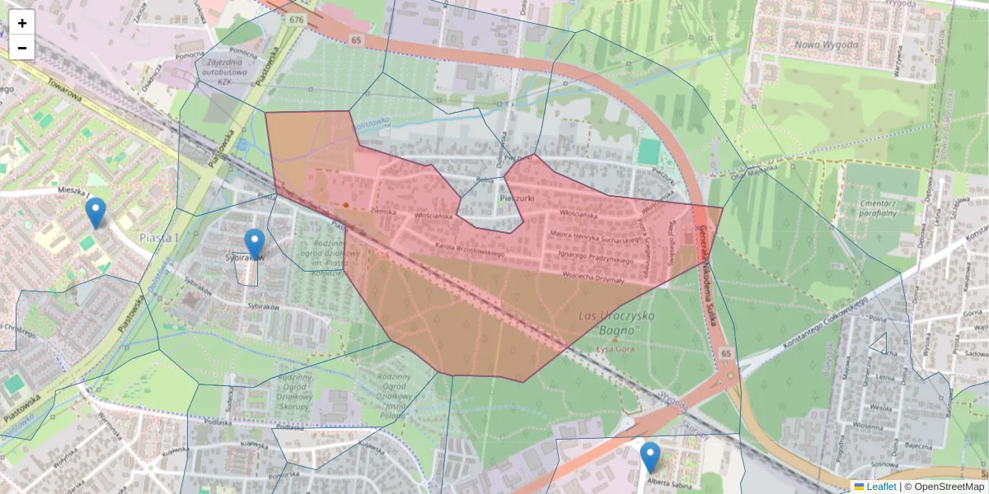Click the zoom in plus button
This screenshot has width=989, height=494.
pos(22,23)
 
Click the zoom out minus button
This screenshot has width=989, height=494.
pos(22,48)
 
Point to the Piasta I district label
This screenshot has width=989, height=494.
pos(159,238)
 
